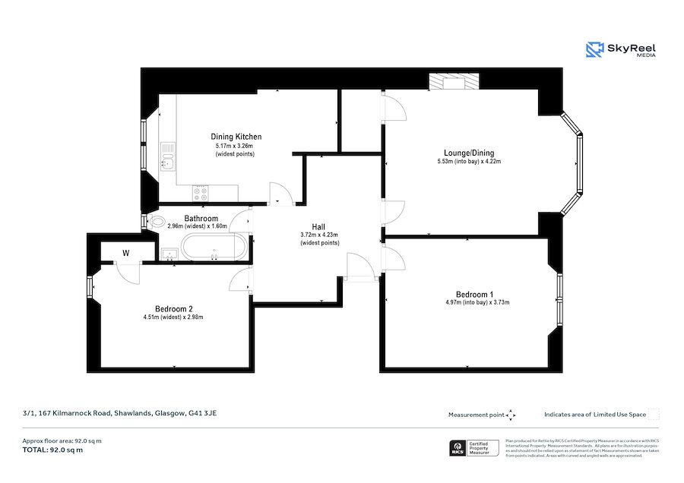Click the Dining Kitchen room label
[236, 137]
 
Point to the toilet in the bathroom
[158, 223]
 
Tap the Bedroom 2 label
[173, 308]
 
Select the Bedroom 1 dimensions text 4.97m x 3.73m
[477, 302]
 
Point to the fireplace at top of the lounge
[454, 81]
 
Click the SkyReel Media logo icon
[594, 50]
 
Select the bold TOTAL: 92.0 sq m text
[52, 450]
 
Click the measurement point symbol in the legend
[511, 415]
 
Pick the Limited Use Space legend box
[654, 415]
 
